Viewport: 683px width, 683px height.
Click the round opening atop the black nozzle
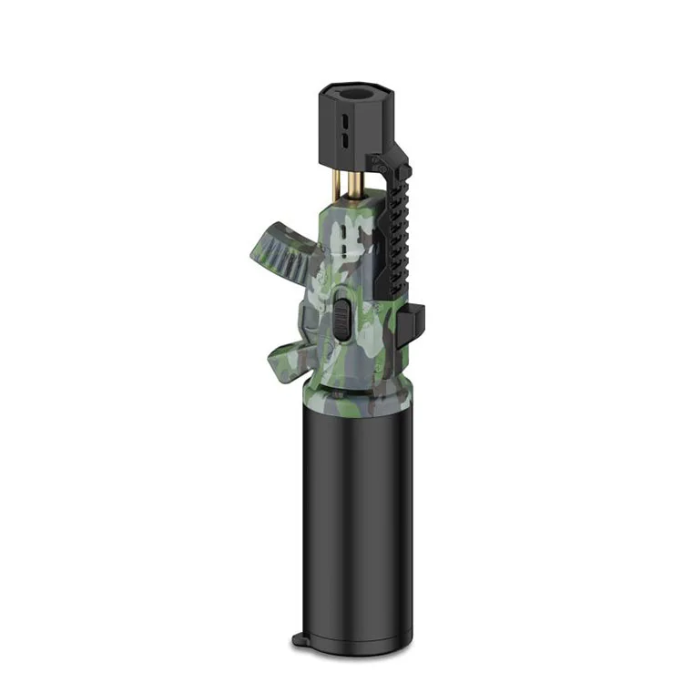tap(355, 95)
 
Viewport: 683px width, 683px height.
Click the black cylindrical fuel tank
tap(355, 510)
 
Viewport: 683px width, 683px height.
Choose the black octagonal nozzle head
tap(355, 127)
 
